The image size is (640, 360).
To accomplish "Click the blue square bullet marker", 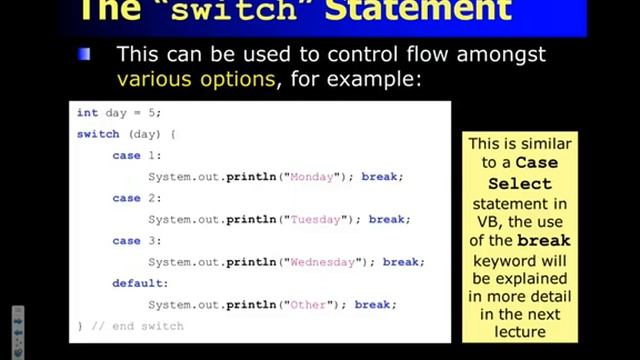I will pyautogui.click(x=85, y=54).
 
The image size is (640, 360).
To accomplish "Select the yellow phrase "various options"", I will pyautogui.click(x=195, y=77).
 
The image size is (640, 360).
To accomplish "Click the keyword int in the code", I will pyautogui.click(x=87, y=113).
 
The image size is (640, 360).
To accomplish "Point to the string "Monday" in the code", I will pyautogui.click(x=311, y=177).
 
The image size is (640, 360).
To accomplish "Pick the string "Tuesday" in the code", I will pyautogui.click(x=315, y=220).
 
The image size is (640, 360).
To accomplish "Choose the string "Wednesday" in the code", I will pyautogui.click(x=322, y=263).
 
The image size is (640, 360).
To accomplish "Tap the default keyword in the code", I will pyautogui.click(x=136, y=284).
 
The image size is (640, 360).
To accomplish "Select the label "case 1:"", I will pyautogui.click(x=136, y=156).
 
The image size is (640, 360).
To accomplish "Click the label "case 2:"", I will pyautogui.click(x=136, y=199).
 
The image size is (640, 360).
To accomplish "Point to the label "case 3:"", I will pyautogui.click(x=136, y=241).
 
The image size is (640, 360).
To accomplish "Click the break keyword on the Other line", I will pyautogui.click(x=374, y=305).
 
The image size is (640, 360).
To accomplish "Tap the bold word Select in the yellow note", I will pyautogui.click(x=519, y=184).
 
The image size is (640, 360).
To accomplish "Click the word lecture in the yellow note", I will pyautogui.click(x=519, y=331).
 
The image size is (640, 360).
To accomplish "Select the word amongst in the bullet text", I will pyautogui.click(x=496, y=54).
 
